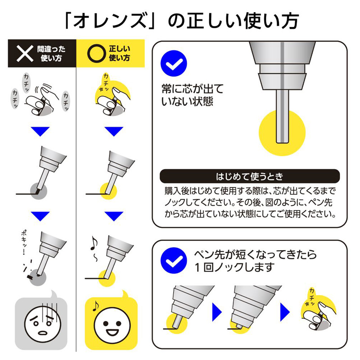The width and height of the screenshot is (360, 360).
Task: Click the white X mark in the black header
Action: (25, 54)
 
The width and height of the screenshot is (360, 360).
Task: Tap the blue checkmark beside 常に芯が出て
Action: (174, 63)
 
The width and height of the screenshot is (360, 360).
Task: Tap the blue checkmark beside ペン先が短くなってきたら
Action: (174, 261)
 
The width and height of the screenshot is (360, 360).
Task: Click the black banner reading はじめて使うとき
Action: (250, 176)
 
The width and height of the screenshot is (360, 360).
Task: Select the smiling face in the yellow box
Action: (112, 325)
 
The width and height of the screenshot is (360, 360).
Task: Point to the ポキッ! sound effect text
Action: (24, 243)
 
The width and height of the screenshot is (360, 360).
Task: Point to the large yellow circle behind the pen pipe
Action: (282, 133)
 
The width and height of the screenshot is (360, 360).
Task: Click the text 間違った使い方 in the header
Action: (51, 54)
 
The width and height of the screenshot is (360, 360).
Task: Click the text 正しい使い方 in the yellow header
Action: (119, 53)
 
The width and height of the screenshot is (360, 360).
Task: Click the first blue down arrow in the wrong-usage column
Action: (40, 131)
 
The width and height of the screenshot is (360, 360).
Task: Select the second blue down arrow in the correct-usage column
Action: (114, 216)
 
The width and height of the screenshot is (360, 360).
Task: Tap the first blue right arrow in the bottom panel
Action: (217, 312)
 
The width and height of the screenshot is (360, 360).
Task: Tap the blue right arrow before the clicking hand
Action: (285, 312)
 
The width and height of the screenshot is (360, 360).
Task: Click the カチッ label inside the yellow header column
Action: (106, 82)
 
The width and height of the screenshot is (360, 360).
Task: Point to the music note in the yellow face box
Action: (95, 306)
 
